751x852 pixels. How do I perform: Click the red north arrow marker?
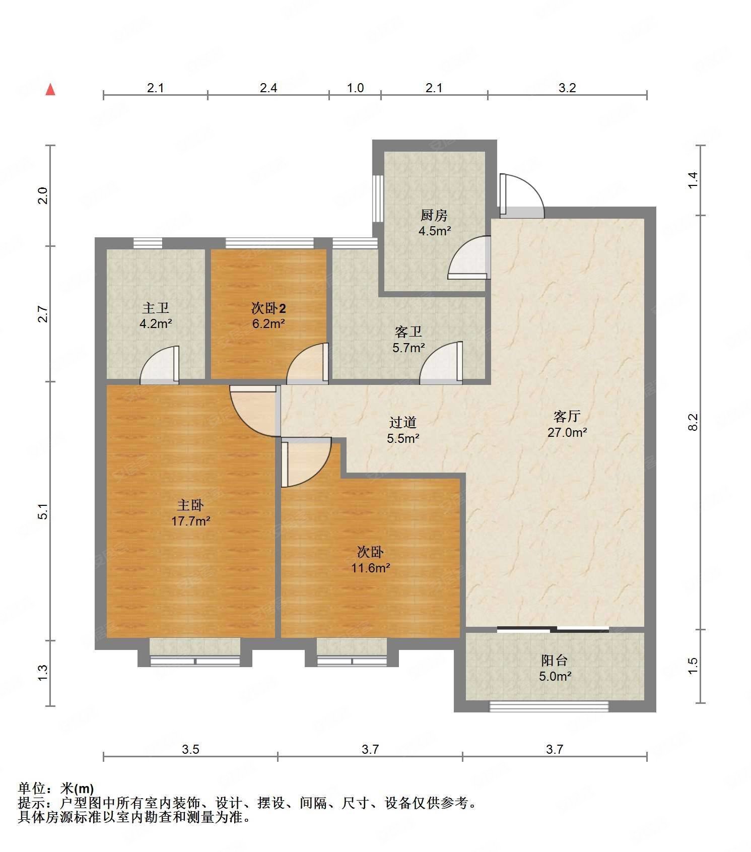tap(50, 90)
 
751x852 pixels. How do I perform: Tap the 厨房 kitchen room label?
tap(434, 216)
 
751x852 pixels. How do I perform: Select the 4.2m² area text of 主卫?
tap(156, 323)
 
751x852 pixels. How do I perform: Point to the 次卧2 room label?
tap(268, 308)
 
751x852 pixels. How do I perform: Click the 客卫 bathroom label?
tap(408, 332)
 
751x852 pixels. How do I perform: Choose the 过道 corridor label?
tap(403, 423)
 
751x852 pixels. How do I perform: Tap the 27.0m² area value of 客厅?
tap(567, 432)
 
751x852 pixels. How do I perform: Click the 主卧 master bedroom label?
tap(190, 505)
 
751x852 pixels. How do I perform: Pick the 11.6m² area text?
tap(371, 568)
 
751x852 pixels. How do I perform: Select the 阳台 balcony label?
tap(555, 661)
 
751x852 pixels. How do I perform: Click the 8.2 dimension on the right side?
tap(693, 422)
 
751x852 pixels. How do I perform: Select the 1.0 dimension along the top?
tap(355, 88)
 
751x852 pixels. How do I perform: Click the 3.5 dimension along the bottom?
tap(190, 750)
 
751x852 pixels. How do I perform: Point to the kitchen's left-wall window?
tap(378, 198)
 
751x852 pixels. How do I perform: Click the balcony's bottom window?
tap(549, 707)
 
